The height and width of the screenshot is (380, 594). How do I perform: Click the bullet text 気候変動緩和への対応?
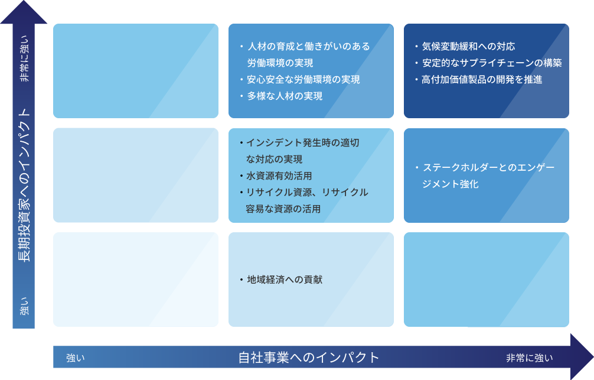point(469,46)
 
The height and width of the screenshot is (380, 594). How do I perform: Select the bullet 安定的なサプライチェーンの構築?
point(492,63)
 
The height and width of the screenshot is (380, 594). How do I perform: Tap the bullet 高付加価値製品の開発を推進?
point(482,80)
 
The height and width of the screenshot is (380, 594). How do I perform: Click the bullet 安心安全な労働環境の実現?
point(303,80)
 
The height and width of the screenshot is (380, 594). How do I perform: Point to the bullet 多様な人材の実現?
point(285,96)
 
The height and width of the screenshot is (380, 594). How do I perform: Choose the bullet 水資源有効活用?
point(279,176)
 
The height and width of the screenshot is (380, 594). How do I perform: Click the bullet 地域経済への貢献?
point(285,280)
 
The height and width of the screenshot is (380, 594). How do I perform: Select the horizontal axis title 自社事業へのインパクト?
point(309,358)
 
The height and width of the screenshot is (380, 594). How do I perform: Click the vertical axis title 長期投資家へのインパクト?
point(24,185)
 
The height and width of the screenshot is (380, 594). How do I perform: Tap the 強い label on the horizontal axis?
point(76,358)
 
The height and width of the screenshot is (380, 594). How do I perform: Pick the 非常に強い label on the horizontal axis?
point(530,358)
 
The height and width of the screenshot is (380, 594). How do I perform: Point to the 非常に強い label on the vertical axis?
point(24,59)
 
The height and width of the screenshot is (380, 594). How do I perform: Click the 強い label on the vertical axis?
point(24,306)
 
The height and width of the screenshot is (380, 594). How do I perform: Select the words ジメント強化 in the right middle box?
point(451,184)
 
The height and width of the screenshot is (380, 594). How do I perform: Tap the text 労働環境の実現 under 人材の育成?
point(280,63)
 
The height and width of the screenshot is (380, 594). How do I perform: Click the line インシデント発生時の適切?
point(303,143)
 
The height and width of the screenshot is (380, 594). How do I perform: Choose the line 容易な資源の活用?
point(283,209)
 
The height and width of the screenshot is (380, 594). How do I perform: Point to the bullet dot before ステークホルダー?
point(417,168)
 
